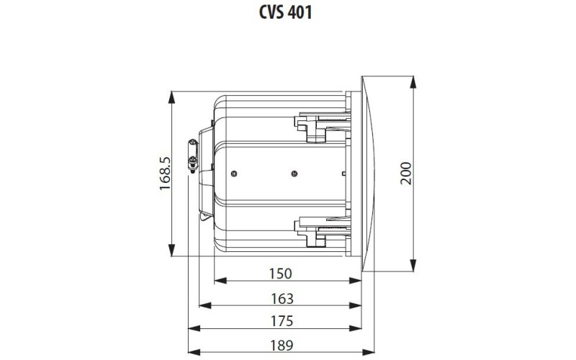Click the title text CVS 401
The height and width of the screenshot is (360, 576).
pyautogui.click(x=287, y=14)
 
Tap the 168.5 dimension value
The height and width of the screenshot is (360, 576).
pyautogui.click(x=165, y=174)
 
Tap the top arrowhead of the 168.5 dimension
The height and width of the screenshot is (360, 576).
pyautogui.click(x=173, y=94)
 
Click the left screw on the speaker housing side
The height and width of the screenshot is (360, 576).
pyautogui.click(x=235, y=173)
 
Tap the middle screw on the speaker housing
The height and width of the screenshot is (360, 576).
pyautogui.click(x=293, y=173)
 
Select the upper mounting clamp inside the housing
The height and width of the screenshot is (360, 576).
pyautogui.click(x=317, y=122)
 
